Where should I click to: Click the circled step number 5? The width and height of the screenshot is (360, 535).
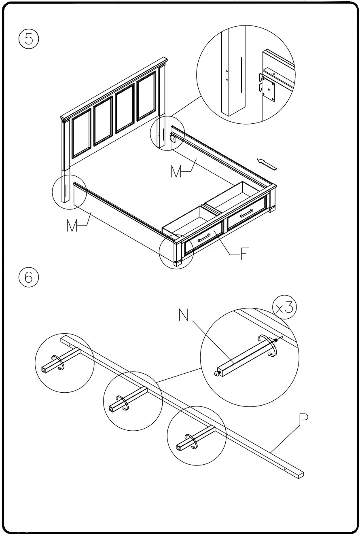pos(28,39)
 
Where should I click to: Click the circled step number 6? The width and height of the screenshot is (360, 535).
pos(28,277)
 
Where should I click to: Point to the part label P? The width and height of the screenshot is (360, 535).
pos(303,421)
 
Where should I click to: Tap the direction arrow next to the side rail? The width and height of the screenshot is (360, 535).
pos(267,164)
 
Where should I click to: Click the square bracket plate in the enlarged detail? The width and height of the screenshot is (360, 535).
pos(268,88)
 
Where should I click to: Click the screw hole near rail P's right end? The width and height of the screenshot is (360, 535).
pos(285,469)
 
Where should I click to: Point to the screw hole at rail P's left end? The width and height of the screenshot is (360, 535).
pos(70,345)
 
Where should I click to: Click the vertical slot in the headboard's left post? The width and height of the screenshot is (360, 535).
pos(66,190)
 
